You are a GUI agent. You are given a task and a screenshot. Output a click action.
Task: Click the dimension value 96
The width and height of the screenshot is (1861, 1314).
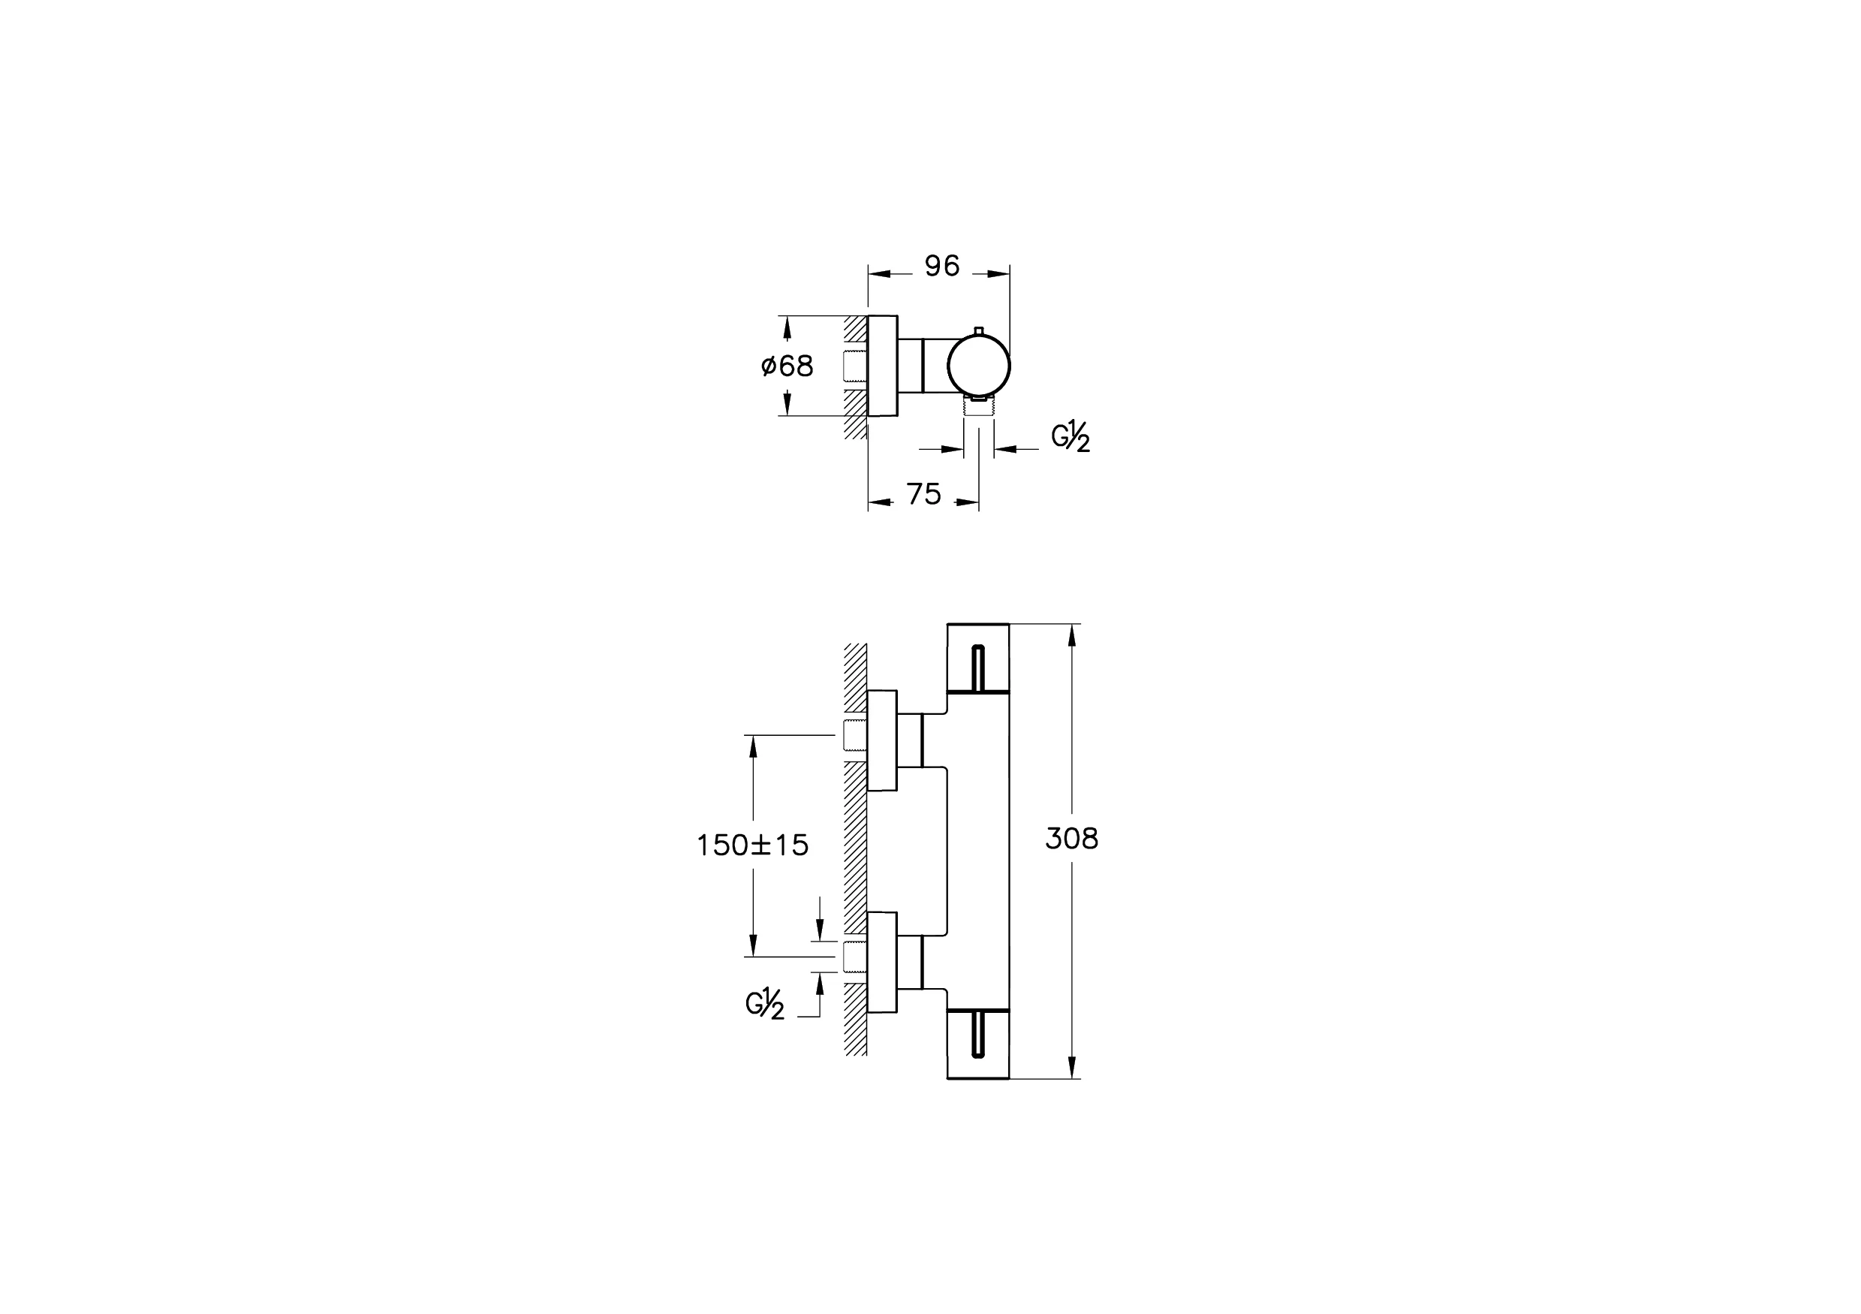click(942, 266)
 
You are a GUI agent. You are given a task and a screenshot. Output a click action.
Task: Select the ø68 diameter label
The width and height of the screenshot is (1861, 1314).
click(787, 366)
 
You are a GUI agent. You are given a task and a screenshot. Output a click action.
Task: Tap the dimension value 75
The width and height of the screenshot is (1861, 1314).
click(924, 493)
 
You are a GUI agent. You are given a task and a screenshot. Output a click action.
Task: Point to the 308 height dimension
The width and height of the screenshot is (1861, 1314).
click(1071, 839)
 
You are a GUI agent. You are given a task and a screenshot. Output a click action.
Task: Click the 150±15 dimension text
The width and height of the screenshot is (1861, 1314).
click(752, 845)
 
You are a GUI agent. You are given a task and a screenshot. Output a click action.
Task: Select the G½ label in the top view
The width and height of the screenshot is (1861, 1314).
click(1070, 437)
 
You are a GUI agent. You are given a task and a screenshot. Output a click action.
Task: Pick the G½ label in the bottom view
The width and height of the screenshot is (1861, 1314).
click(764, 1005)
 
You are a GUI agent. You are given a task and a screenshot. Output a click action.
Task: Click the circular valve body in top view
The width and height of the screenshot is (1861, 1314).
click(979, 366)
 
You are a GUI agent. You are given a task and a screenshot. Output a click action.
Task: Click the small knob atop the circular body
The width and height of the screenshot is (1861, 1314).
click(979, 330)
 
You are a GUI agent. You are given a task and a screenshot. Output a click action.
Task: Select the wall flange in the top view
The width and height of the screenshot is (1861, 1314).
click(883, 366)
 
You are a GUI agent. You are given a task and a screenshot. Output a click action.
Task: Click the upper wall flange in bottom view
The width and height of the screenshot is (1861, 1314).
click(883, 740)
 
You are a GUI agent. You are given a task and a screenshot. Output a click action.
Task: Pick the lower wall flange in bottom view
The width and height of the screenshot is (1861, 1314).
click(883, 962)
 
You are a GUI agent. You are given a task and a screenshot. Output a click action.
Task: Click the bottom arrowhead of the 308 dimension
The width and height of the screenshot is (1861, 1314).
click(1071, 1068)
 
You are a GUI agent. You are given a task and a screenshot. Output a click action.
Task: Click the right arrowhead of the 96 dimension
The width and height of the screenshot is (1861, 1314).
click(1001, 275)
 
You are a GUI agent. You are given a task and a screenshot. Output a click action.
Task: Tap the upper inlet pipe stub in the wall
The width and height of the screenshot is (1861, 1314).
click(854, 735)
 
